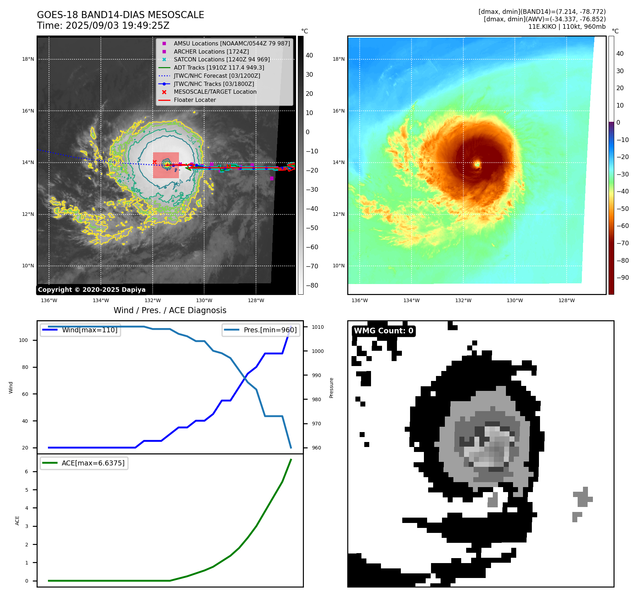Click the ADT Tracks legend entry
219,67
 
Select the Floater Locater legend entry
195,100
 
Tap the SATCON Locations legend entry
222,59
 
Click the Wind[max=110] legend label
89,330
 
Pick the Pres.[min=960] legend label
270,330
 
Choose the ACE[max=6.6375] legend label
93,463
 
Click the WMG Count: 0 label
383,331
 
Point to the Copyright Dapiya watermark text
92,290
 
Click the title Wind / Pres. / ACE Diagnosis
170,310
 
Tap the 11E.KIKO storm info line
567,27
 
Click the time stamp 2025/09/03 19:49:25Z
118,26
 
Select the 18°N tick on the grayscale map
28,59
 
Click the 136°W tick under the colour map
360,300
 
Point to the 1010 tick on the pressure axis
318,327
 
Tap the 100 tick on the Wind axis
23,340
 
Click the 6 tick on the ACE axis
27,471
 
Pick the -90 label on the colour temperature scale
622,278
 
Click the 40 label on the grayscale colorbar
309,55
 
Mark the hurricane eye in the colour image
477,164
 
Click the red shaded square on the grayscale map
166,165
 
